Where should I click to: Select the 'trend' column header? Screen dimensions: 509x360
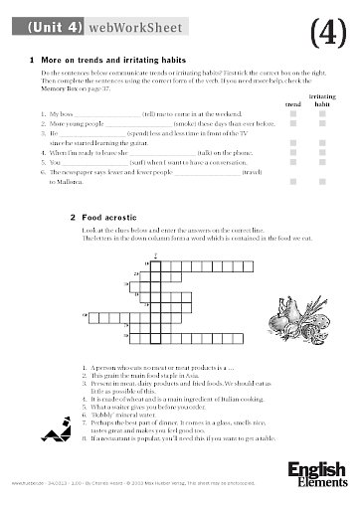click(293, 102)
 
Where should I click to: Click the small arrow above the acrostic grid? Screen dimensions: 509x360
click(156, 256)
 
